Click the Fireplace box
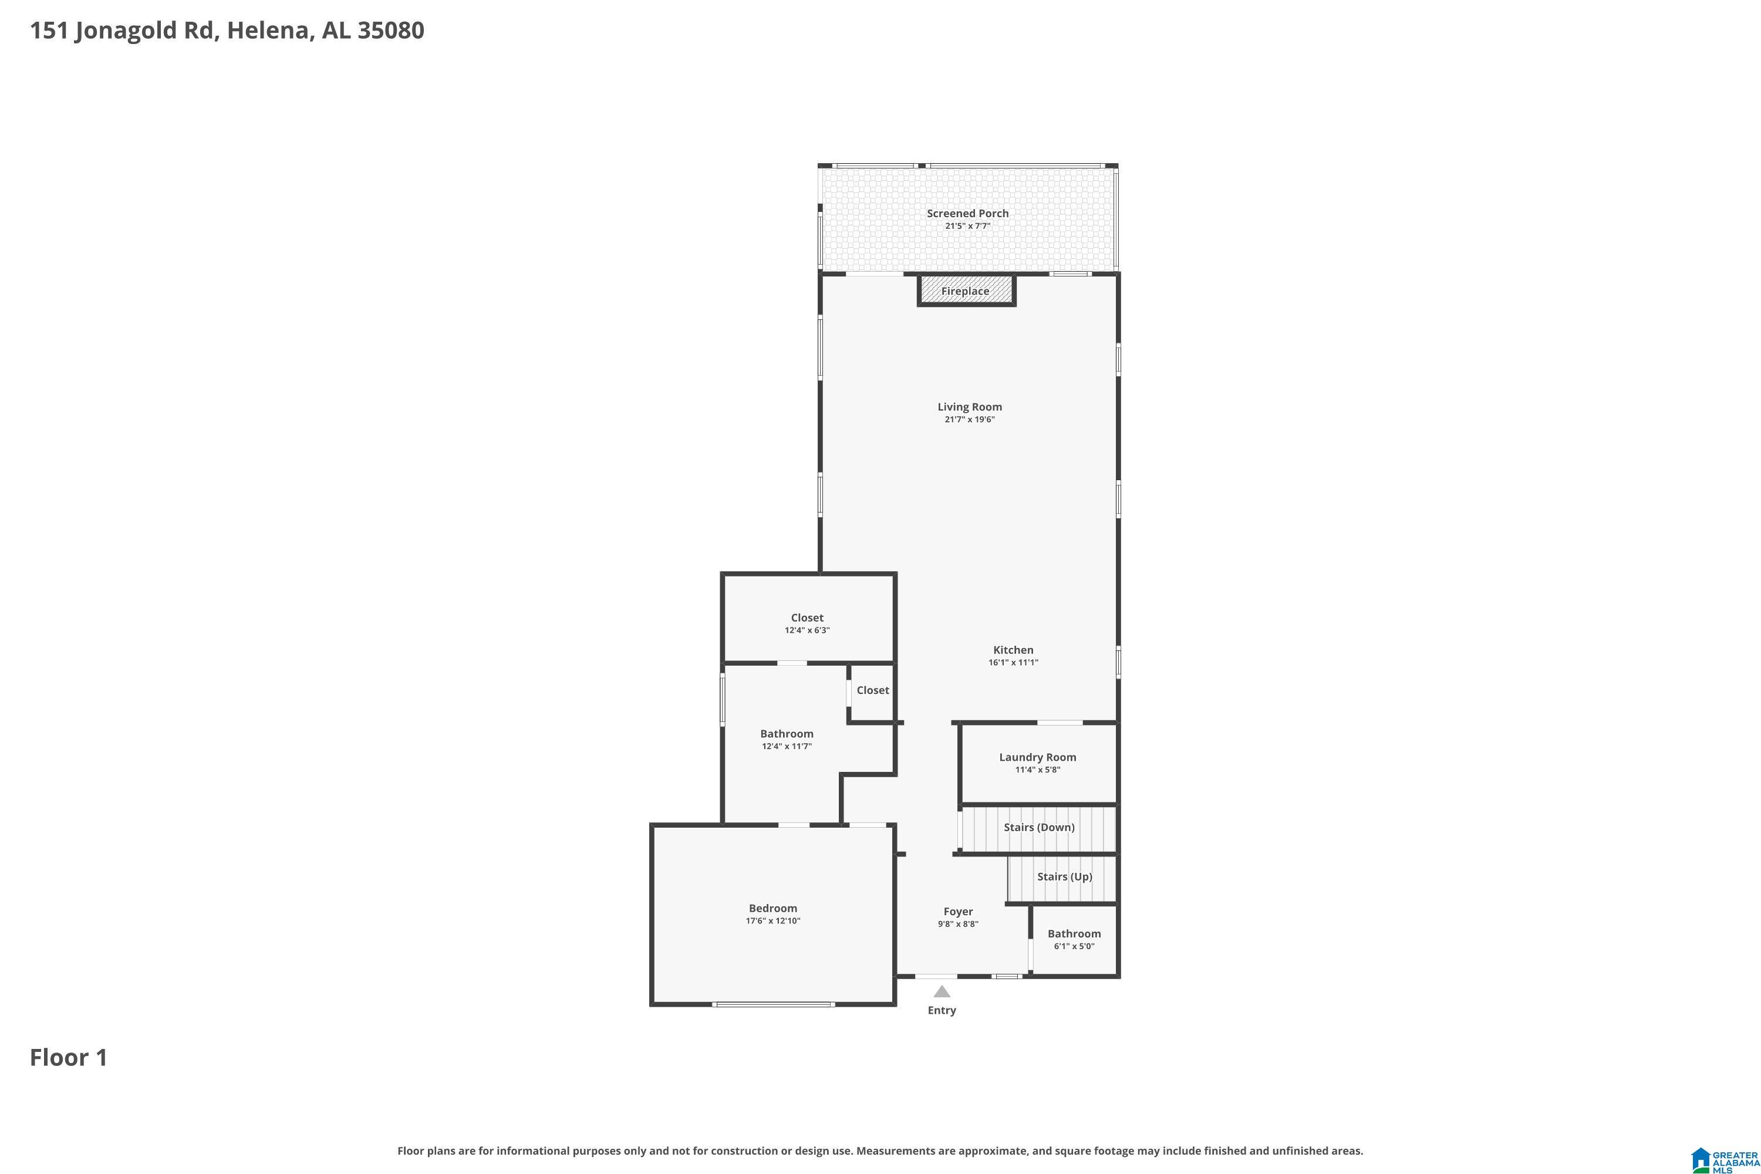click(966, 291)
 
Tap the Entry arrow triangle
click(942, 991)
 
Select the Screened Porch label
click(967, 214)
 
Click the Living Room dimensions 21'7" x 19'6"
click(970, 419)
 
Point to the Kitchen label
click(1013, 650)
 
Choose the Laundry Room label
click(1038, 757)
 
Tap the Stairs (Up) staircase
click(1062, 879)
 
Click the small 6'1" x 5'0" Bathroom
click(1074, 940)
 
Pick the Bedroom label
click(772, 908)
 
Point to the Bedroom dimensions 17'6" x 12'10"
click(772, 921)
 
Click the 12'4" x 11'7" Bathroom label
click(787, 734)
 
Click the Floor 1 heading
click(69, 1057)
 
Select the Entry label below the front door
click(942, 1010)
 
